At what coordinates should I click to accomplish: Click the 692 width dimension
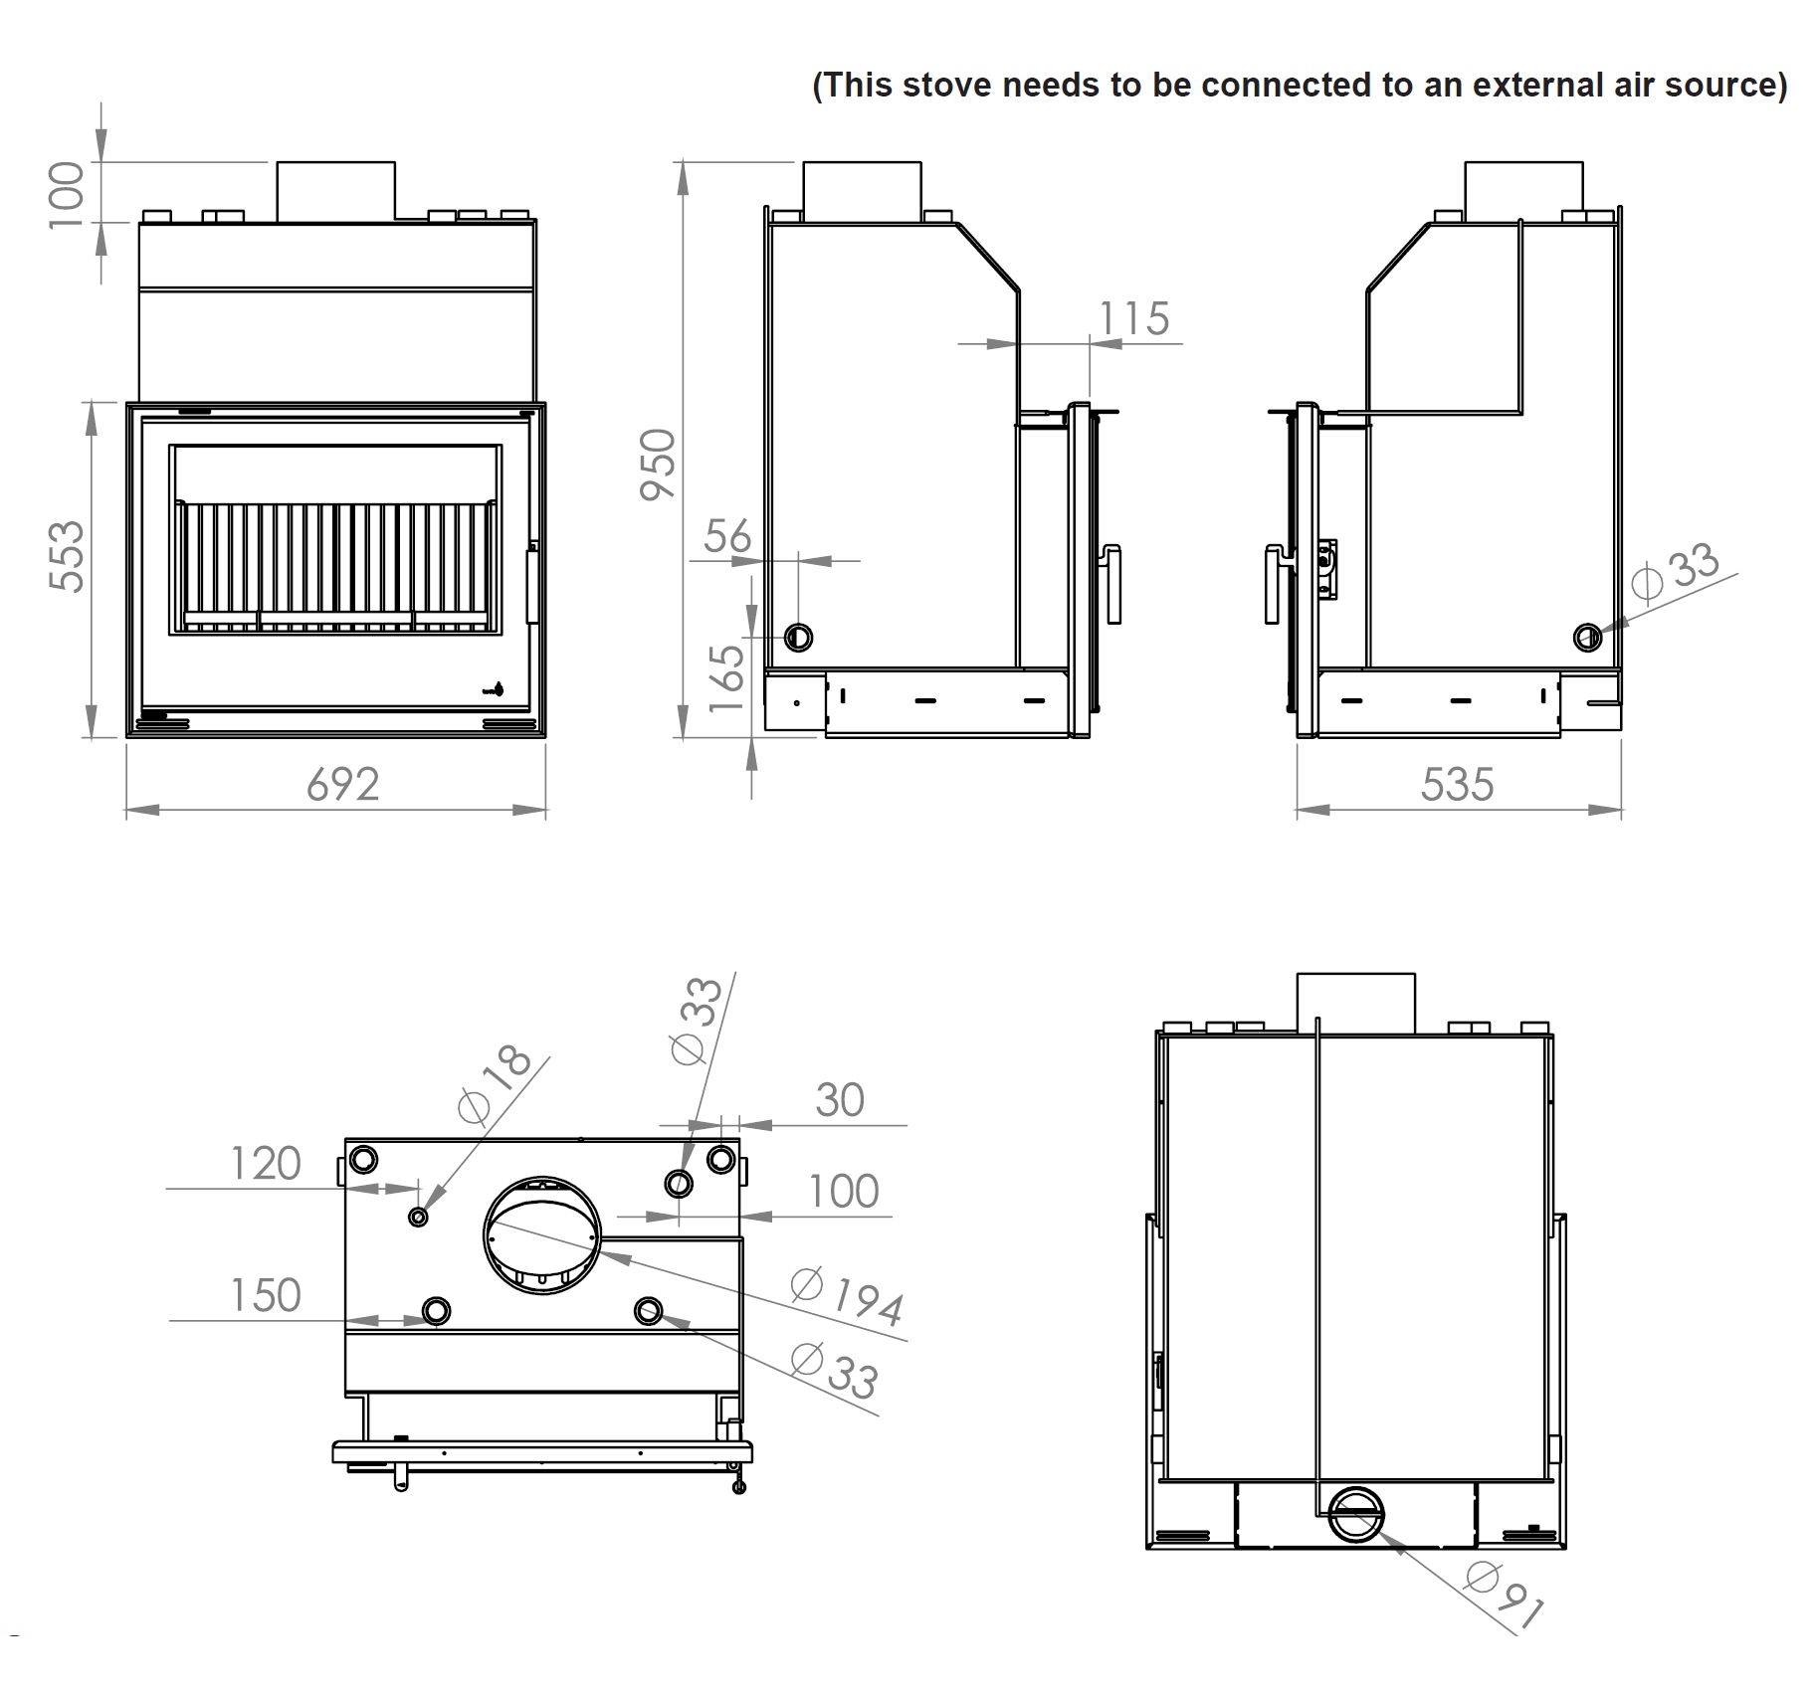coord(342,785)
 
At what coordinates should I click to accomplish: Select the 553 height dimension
coord(68,556)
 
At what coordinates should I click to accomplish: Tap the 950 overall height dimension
coord(658,464)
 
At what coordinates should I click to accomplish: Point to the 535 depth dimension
coord(1457,785)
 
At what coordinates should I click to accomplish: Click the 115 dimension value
coord(1133,319)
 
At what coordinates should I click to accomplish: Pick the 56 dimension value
coord(727,537)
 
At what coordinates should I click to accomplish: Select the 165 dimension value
coord(728,677)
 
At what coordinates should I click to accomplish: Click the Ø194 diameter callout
coord(848,1297)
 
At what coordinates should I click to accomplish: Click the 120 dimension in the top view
coord(265,1164)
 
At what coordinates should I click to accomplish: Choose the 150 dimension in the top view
coord(265,1296)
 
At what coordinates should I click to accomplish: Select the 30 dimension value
coord(839,1100)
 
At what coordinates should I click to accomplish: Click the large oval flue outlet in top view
coord(542,1234)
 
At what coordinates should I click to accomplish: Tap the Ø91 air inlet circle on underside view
coord(1356,1515)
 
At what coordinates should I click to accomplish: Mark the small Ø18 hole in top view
coord(418,1217)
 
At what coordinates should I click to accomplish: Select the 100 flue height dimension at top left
coord(68,194)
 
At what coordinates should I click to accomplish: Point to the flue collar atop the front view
coord(335,191)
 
